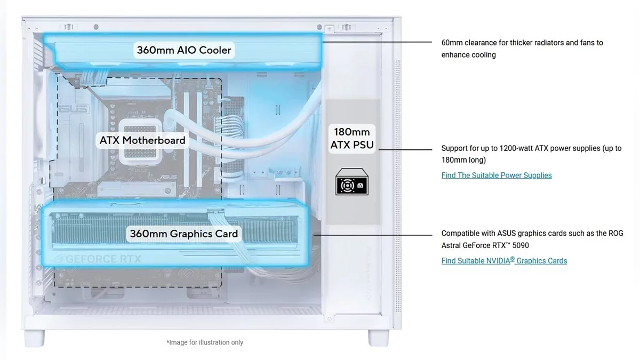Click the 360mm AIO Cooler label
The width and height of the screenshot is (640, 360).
click(184, 50)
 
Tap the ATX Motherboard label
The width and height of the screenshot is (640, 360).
click(142, 140)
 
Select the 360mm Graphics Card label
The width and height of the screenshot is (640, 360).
click(184, 234)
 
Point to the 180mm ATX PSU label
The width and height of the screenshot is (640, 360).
click(352, 138)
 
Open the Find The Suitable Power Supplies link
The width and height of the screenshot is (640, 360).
click(497, 175)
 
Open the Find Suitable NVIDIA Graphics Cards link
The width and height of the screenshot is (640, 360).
click(504, 261)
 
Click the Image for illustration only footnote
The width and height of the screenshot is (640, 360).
click(205, 342)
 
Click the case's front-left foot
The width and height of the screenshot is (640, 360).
click(35, 338)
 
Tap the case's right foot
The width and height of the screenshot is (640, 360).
click(379, 338)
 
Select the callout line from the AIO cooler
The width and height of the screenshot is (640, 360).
click(379, 42)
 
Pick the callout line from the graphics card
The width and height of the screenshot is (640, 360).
click(373, 235)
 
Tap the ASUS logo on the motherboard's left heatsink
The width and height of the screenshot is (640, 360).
click(66, 109)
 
